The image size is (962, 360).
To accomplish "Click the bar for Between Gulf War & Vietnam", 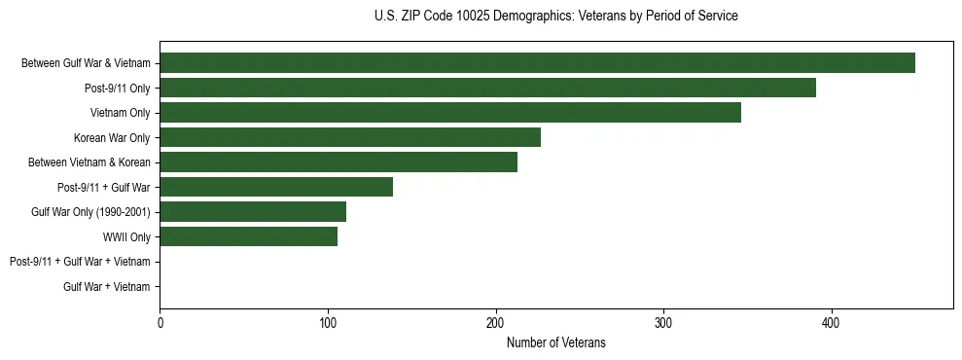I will pyautogui.click(x=537, y=63).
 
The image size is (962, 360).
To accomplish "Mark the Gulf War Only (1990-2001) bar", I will pyautogui.click(x=253, y=211).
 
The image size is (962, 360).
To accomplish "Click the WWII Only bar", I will pyautogui.click(x=248, y=236).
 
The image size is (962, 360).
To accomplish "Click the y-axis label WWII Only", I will pyautogui.click(x=126, y=236).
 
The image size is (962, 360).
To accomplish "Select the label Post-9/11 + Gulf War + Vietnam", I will pyautogui.click(x=80, y=262).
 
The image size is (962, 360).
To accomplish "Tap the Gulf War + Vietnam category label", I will pyautogui.click(x=107, y=286).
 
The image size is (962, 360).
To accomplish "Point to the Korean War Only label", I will pyautogui.click(x=112, y=137).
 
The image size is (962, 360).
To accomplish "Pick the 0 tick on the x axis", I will pyautogui.click(x=160, y=322).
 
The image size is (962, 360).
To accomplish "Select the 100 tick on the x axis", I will pyautogui.click(x=328, y=322).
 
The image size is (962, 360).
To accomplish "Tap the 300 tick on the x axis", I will pyautogui.click(x=663, y=322).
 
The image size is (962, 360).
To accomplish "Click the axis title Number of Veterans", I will pyautogui.click(x=555, y=342).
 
